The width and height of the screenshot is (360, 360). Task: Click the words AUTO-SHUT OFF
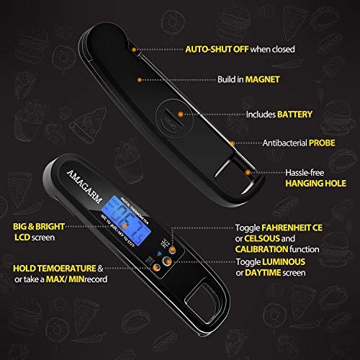216,49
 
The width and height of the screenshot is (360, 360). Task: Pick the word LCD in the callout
21,237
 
